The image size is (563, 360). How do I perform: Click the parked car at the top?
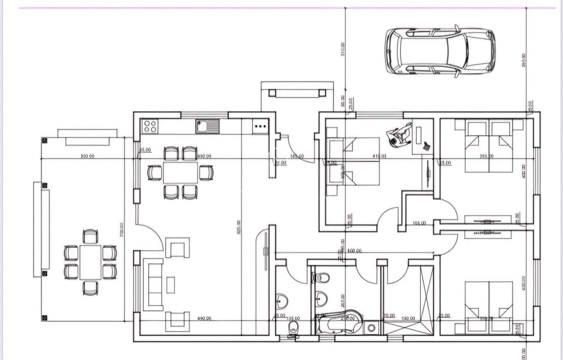[440, 51]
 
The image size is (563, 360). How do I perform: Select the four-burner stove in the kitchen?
[150, 127]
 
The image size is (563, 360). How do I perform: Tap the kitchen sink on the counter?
[207, 126]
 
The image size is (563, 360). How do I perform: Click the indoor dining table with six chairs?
[180, 172]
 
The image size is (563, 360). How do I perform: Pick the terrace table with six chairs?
[90, 262]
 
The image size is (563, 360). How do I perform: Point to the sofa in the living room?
[153, 284]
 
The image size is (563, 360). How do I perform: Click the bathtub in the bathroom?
[339, 323]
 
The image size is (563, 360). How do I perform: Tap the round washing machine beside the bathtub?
[372, 327]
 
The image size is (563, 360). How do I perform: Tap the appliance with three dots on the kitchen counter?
[260, 127]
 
